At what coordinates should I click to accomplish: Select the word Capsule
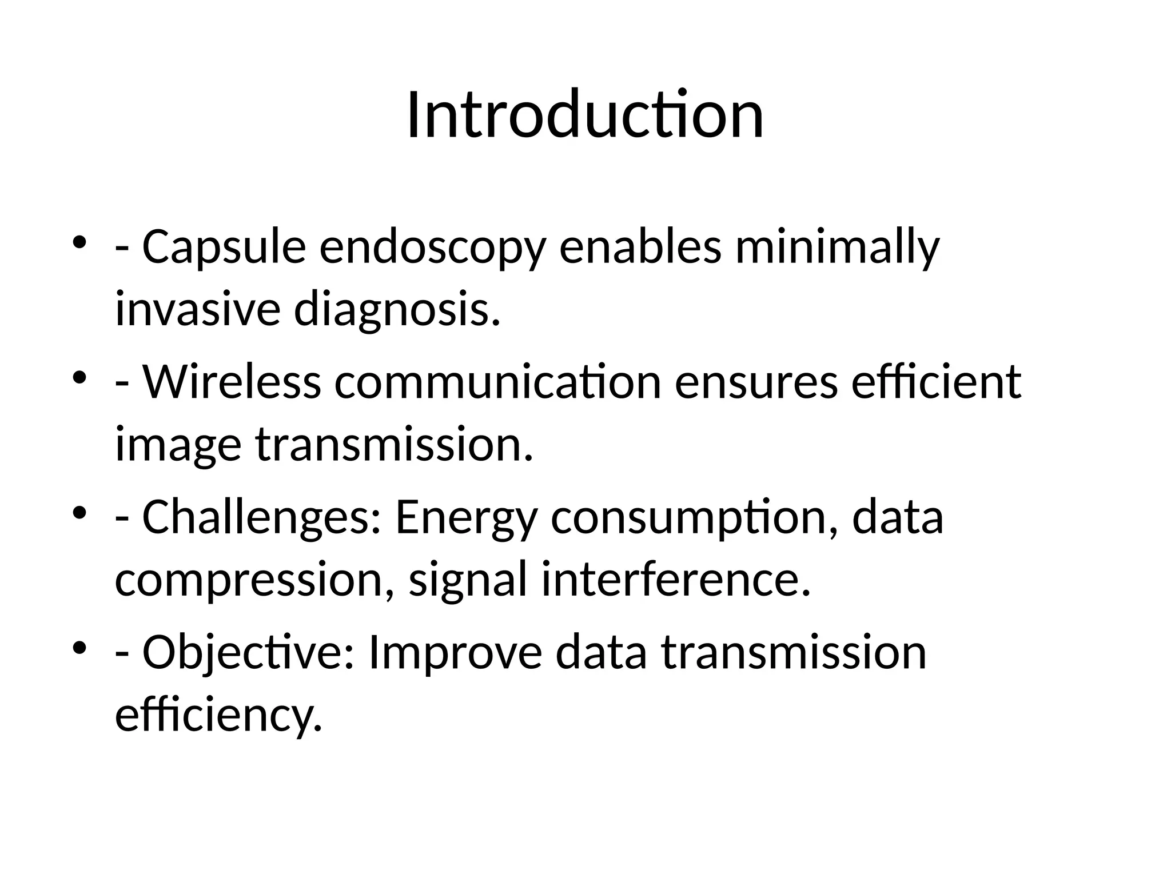[224, 247]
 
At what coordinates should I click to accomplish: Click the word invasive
[197, 309]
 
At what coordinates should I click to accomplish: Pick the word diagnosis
[397, 310]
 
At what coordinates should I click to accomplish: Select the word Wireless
[232, 382]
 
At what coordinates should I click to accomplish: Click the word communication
[497, 382]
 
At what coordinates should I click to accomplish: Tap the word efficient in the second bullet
[935, 382]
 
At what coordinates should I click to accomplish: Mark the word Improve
[455, 653]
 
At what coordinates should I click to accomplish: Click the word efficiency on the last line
[218, 715]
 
